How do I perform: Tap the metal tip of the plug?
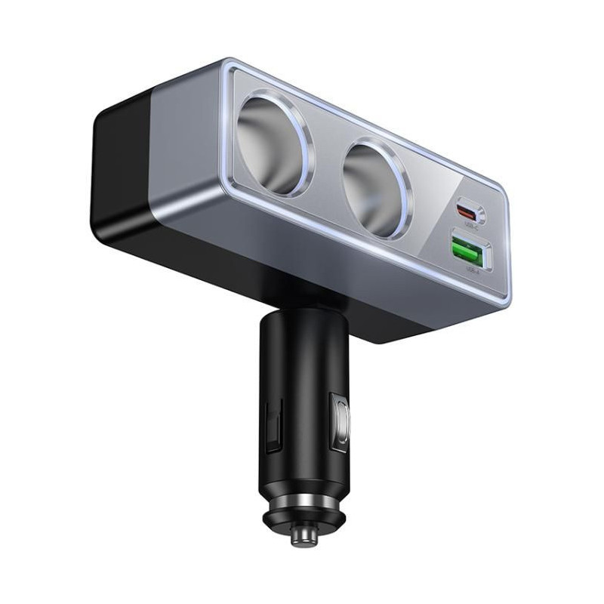304,535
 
